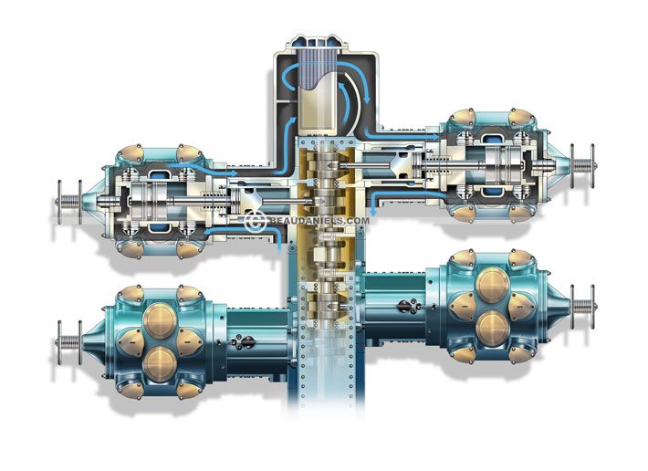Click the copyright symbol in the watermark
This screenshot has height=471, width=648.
[x=255, y=221]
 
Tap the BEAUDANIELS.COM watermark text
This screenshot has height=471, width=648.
[x=319, y=221]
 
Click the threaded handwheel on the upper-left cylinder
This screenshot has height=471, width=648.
[x=69, y=202]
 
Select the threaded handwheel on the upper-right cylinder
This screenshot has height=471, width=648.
[x=583, y=166]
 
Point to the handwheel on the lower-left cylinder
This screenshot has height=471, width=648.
[x=69, y=342]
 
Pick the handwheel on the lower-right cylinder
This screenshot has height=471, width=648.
[x=583, y=307]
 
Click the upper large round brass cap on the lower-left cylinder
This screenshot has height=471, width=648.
[x=160, y=321]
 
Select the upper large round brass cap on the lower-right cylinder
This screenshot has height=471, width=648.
[x=492, y=285]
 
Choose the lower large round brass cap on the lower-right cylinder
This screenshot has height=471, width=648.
[x=492, y=328]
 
